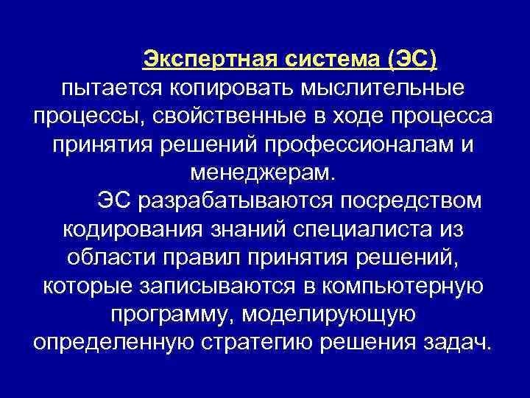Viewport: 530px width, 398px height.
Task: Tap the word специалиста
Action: coord(350,229)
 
